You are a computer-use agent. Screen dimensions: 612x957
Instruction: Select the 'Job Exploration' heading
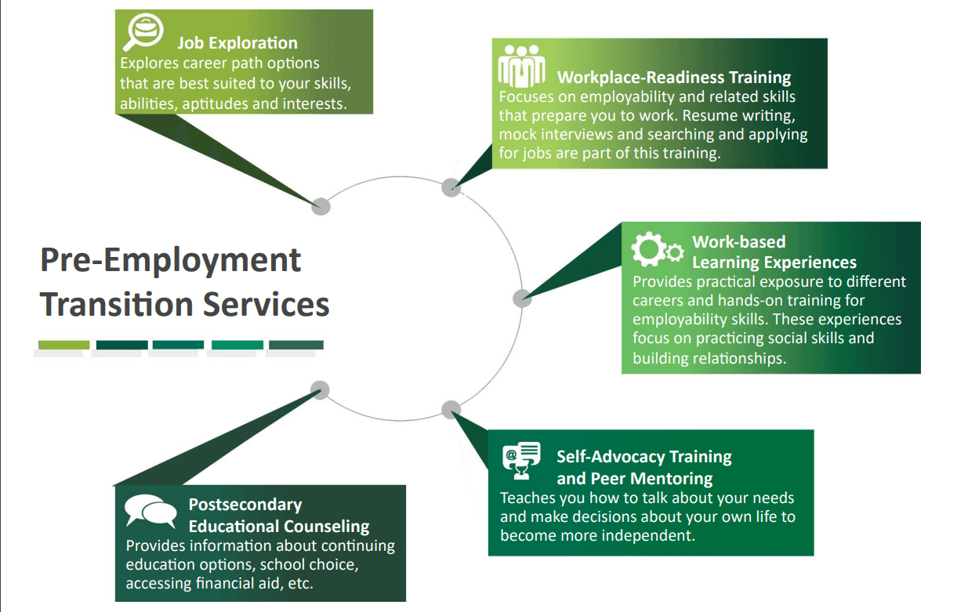[237, 43]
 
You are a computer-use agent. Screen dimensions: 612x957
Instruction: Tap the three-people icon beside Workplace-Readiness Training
[521, 65]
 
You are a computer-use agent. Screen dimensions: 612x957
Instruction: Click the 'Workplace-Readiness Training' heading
[673, 77]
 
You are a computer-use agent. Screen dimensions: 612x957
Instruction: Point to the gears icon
[656, 249]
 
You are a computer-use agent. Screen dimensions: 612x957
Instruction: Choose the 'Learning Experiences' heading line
[774, 262]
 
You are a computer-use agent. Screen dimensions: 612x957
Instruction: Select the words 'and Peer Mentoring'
[634, 477]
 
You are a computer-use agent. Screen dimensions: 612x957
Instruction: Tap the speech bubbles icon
[150, 511]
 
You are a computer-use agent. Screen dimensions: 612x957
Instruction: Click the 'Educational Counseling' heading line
[278, 526]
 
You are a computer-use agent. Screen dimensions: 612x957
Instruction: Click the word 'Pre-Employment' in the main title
[171, 260]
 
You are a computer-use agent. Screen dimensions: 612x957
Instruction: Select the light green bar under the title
[64, 345]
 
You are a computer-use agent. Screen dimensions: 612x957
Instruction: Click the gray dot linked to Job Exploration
[321, 206]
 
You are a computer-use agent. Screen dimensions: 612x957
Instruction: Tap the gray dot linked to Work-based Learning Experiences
[522, 298]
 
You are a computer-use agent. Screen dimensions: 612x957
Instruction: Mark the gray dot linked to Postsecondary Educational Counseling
[320, 389]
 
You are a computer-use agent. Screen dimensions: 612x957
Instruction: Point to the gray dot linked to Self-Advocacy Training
[451, 409]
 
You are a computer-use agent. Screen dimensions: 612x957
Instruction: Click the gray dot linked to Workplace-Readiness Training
[451, 186]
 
